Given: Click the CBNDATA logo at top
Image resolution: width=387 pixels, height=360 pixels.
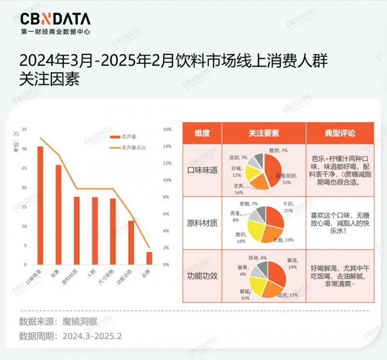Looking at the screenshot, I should coord(55,19).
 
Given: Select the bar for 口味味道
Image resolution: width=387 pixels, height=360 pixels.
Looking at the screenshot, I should coord(40,206).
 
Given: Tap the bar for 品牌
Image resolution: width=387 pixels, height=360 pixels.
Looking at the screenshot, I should coord(149,258).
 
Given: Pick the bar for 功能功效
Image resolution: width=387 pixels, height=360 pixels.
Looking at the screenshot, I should coord(131,242).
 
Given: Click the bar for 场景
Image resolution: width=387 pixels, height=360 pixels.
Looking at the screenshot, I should coord(59,215).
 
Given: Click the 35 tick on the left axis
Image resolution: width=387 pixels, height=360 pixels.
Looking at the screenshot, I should coord(24,130).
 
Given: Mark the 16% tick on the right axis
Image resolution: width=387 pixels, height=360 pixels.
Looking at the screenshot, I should coord(167,130).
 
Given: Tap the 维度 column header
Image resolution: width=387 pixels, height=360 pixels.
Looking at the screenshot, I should coord(202,133).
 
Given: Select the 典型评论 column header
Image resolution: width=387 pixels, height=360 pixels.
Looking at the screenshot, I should coord(340,133).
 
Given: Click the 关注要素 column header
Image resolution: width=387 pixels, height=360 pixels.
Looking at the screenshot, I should coord(264,133).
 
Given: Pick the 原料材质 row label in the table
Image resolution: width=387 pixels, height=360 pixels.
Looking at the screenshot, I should coord(202,223).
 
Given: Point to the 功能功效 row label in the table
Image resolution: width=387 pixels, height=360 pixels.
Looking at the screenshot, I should coord(202,276).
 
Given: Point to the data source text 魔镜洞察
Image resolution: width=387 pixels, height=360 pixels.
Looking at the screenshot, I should coord(80,321).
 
